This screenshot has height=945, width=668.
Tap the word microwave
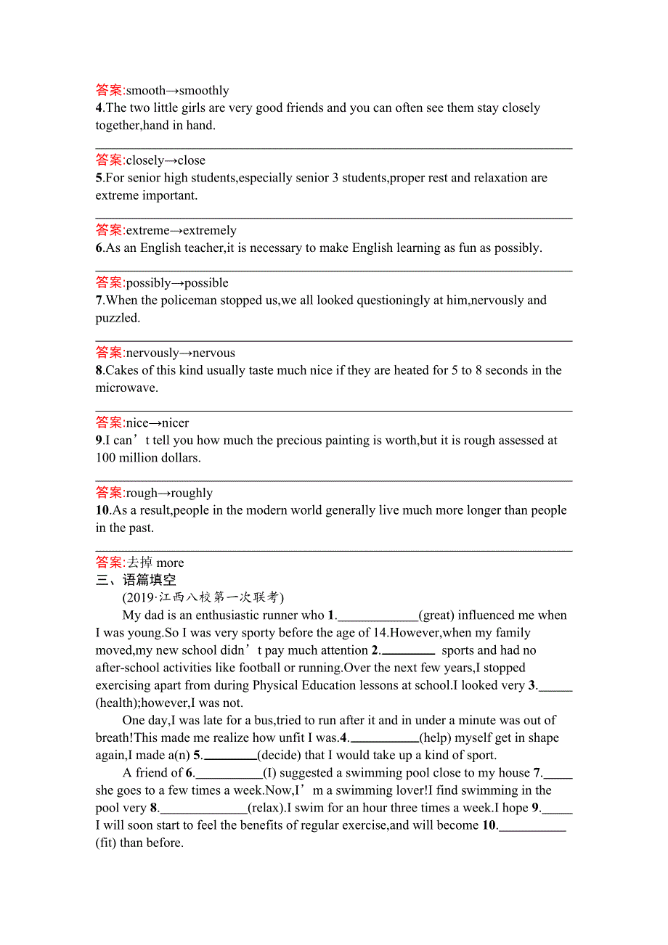pos(126,388)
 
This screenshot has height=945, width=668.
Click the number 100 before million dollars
pos(106,458)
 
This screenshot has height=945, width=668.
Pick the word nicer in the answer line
pos(175,423)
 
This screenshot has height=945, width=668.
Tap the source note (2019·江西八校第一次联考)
pos(203,597)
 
